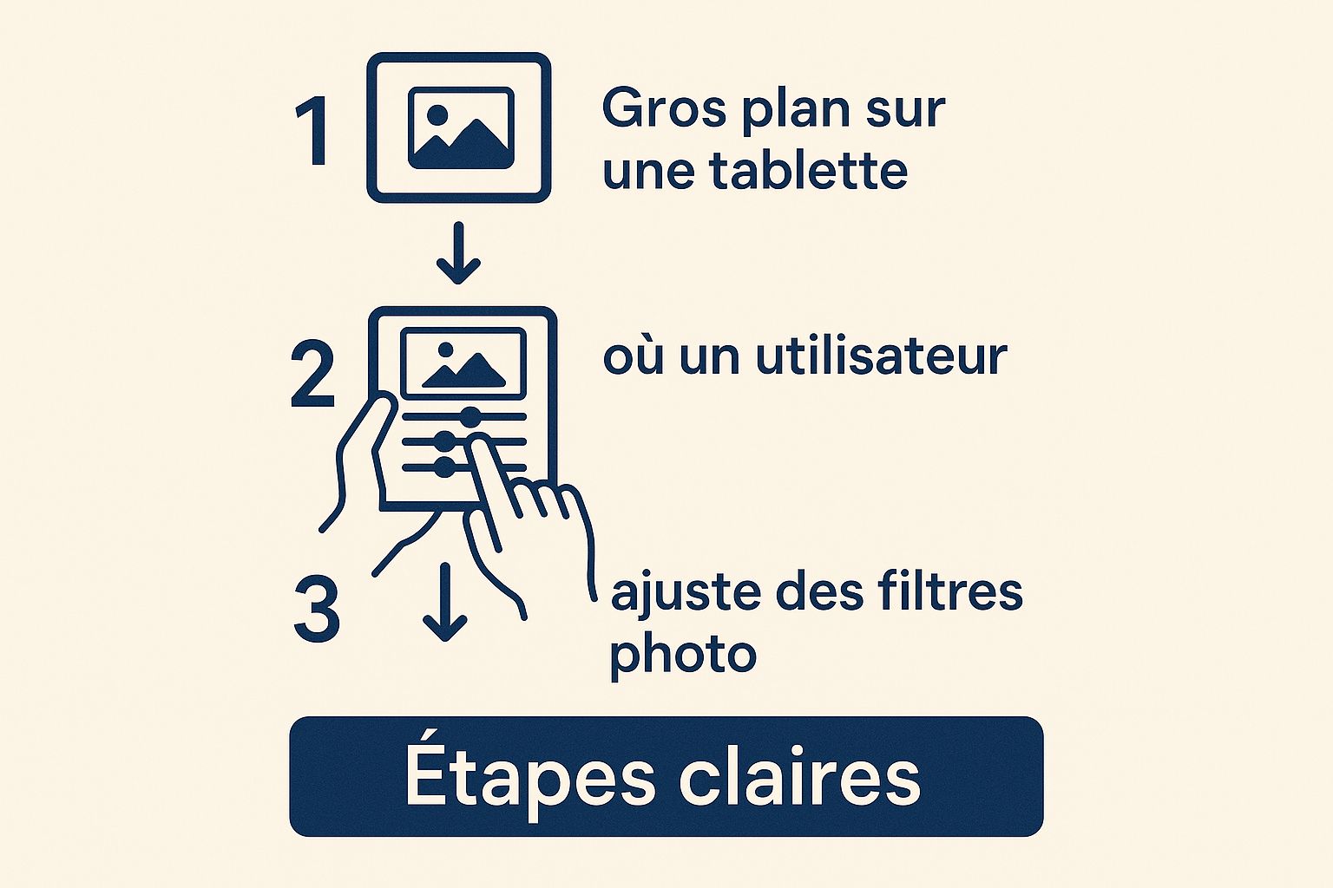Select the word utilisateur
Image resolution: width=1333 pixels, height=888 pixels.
click(x=881, y=356)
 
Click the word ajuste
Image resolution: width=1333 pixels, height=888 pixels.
click(x=686, y=593)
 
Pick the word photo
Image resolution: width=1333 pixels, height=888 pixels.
click(x=683, y=654)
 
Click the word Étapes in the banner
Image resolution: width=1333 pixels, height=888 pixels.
click(x=529, y=778)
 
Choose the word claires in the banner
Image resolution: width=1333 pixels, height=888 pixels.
click(x=799, y=778)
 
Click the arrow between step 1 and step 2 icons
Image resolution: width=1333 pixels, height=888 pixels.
click(x=458, y=253)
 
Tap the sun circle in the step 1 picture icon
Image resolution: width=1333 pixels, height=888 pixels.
click(x=438, y=114)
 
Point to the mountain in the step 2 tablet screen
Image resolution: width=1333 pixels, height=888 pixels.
click(x=469, y=371)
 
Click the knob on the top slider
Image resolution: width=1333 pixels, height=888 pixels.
click(x=470, y=417)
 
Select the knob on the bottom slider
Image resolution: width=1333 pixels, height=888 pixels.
click(x=444, y=467)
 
